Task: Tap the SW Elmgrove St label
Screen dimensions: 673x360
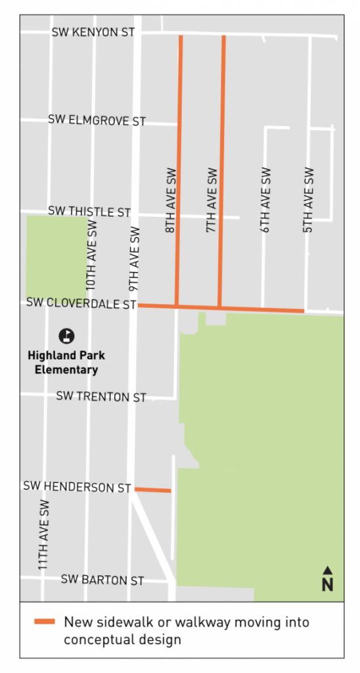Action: coord(97,121)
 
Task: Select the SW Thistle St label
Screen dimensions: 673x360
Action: coord(89,212)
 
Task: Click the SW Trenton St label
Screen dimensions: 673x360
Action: coord(101,397)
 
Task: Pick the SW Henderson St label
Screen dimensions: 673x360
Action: coord(77,487)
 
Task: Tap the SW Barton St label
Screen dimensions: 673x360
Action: coord(102,580)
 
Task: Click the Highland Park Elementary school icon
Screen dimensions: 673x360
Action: coord(66,336)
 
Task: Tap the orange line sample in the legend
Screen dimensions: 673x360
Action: coord(45,622)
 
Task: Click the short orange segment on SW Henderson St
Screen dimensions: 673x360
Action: coord(152,490)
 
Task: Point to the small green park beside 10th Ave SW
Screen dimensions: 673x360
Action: coord(56,257)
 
